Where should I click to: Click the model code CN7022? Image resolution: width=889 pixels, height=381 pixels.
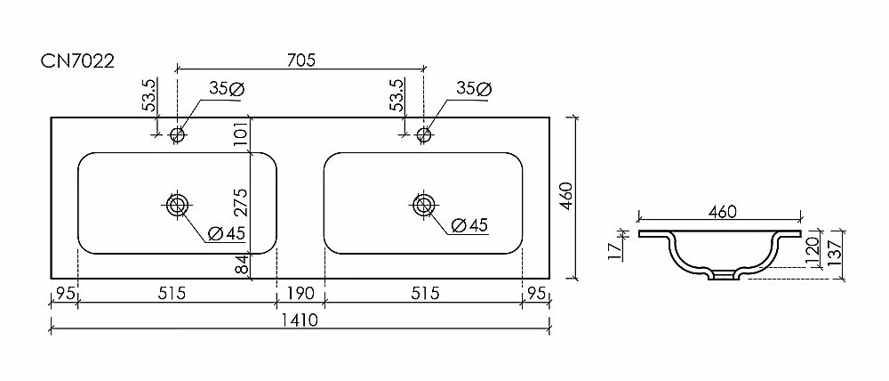pos(77,61)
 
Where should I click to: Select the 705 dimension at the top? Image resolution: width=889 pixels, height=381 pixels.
pos(300,60)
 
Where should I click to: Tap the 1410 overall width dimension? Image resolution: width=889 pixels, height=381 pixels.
pos(300,320)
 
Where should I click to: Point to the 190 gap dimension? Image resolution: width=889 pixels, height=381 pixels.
pos(300,294)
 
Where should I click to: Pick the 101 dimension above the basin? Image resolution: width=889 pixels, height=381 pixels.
pos(241,134)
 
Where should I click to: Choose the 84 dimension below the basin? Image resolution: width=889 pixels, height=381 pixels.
pos(242,264)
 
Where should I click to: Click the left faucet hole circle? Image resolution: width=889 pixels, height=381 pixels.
pos(178,134)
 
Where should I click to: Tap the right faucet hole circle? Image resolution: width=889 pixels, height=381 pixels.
pos(424,134)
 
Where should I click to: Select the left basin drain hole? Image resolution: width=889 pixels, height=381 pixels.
pos(178,204)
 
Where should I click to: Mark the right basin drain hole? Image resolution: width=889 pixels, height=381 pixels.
pos(423,204)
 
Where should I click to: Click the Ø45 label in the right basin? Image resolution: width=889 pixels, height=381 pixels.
pos(469,226)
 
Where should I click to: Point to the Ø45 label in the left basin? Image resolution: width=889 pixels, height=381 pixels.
pos(226,233)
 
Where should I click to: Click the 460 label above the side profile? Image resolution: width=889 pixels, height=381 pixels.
pos(722,212)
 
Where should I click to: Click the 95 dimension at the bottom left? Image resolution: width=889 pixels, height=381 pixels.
pos(63,294)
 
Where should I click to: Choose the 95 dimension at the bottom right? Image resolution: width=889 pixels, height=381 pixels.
pos(536,294)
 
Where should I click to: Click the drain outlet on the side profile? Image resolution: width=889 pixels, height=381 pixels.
pos(722,276)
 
